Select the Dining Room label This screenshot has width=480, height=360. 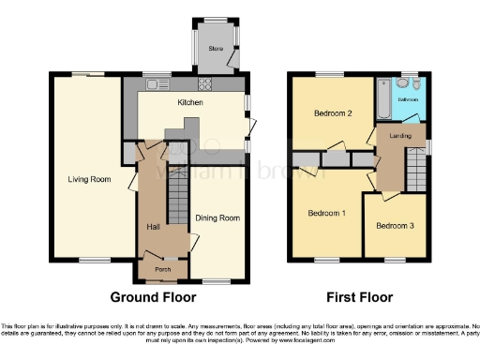[x=217, y=218]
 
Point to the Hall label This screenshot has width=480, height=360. [x=153, y=227]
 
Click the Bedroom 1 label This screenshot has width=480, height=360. [x=327, y=213]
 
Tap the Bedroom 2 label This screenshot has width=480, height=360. [x=333, y=114]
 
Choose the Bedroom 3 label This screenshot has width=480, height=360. [x=394, y=226]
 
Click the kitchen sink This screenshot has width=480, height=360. [x=151, y=82]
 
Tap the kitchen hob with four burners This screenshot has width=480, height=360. [x=206, y=82]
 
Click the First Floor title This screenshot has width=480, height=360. [x=359, y=298]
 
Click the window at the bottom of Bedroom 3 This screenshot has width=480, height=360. [x=395, y=259]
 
